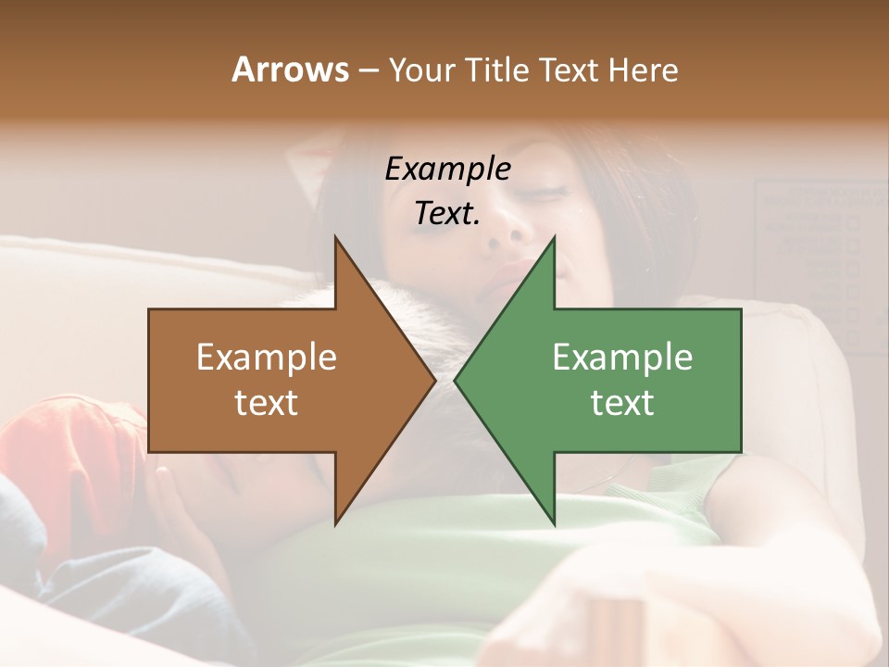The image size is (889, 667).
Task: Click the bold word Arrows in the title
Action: pyautogui.click(x=290, y=69)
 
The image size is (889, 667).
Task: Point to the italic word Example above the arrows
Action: pyautogui.click(x=447, y=170)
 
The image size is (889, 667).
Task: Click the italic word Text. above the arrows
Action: pyautogui.click(x=447, y=213)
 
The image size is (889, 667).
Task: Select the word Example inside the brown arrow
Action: pyautogui.click(x=267, y=357)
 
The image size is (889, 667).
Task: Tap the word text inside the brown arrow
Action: pyautogui.click(x=267, y=403)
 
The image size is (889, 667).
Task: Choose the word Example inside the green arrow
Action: pyautogui.click(x=622, y=357)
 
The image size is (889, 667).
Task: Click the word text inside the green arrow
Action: pyautogui.click(x=622, y=403)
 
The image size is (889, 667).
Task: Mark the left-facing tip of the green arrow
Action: pyautogui.click(x=456, y=380)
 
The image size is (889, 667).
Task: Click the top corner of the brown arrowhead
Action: pyautogui.click(x=336, y=237)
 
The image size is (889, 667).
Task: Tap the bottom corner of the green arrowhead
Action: pyautogui.click(x=554, y=522)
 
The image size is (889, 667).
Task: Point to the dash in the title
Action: pyautogui.click(x=368, y=70)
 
